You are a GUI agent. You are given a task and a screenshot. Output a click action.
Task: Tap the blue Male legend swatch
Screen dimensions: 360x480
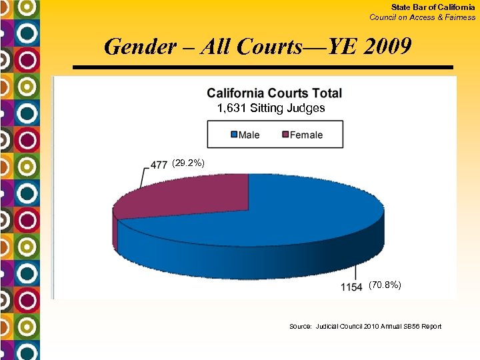234,135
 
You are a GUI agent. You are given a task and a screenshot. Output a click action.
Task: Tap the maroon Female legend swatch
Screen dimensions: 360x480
285,135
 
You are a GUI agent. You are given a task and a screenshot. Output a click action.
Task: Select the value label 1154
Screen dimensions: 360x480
351,287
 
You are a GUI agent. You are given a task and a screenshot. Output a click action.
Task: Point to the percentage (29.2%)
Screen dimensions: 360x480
188,163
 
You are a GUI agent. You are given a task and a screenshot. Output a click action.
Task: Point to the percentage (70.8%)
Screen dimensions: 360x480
385,285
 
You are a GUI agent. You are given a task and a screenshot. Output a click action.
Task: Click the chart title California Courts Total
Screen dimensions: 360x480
274,94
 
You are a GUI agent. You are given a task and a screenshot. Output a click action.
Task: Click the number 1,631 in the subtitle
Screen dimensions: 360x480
232,108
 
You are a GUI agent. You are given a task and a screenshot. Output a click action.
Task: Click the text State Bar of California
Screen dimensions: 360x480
433,7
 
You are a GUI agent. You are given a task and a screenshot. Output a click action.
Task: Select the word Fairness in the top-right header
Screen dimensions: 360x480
461,17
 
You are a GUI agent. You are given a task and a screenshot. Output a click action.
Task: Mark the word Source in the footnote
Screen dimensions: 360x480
300,327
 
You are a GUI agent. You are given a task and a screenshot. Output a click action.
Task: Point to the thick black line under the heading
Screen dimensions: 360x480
263,68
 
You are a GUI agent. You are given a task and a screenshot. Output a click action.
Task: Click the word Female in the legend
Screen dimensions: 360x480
307,135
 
